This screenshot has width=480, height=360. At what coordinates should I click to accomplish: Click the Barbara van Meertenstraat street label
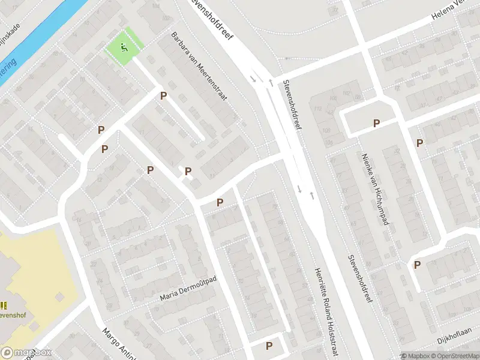click(199, 66)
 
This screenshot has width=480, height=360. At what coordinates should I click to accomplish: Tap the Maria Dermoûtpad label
click(188, 289)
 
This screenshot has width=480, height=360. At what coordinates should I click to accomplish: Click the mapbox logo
click(26, 353)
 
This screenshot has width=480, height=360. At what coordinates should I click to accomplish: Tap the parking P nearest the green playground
click(163, 95)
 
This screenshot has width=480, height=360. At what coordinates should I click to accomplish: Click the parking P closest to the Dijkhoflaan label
click(416, 265)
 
